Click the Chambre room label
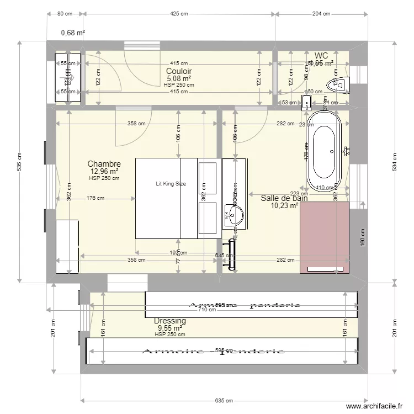[104, 164]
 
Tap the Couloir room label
[179, 71]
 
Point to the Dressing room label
[169, 321]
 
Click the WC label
[321, 55]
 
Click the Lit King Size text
[171, 184]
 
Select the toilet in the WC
[337, 84]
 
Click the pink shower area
[325, 237]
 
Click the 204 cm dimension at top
[321, 14]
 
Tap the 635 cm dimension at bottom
[224, 401]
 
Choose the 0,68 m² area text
[73, 33]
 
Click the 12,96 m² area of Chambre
[104, 171]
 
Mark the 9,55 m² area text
[169, 328]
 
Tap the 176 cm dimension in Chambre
[96, 199]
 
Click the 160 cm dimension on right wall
[362, 241]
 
